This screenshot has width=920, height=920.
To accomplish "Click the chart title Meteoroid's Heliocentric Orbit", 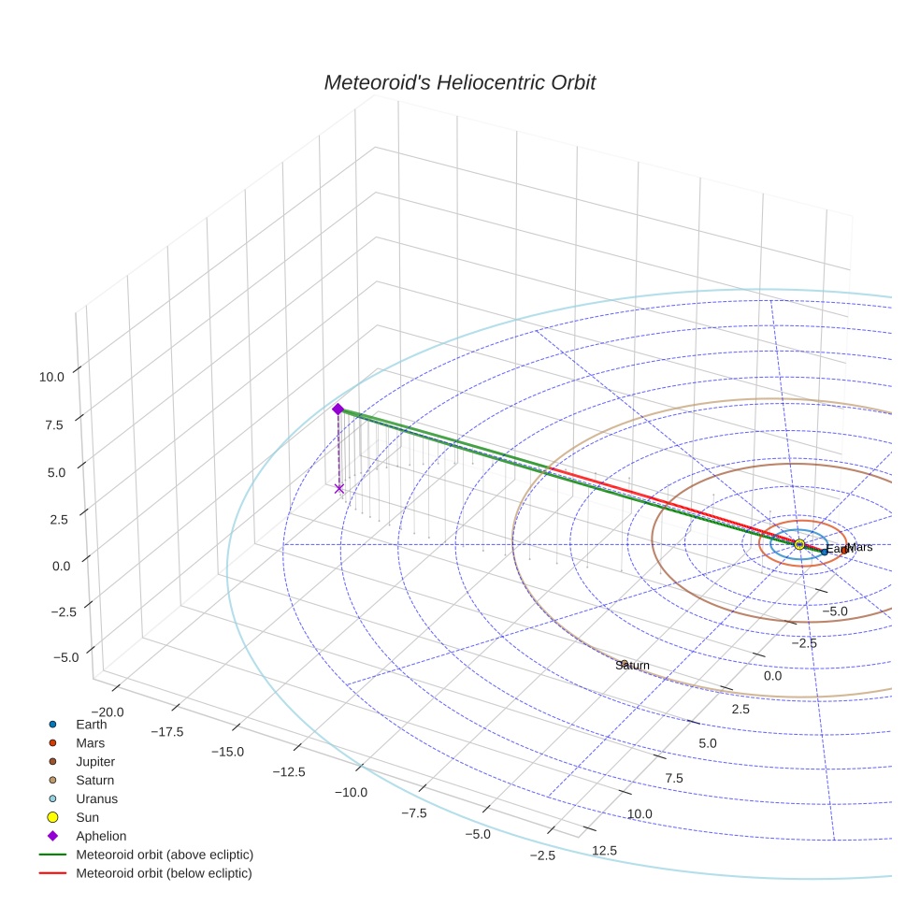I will click(459, 82).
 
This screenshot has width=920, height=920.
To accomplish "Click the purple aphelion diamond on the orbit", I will click(338, 409).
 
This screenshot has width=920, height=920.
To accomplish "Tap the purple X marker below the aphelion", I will click(338, 488).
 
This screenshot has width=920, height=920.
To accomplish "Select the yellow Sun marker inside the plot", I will click(799, 544).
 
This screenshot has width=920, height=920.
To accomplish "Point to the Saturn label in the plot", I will click(632, 665).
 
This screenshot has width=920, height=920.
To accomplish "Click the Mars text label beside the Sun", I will click(859, 547).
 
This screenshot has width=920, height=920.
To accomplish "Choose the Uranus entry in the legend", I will click(96, 798).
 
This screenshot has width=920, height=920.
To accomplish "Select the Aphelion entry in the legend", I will click(100, 836).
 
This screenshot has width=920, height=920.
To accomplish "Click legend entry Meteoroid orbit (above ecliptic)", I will click(164, 855).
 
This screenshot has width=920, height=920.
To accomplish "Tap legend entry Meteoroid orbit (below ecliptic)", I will click(164, 873).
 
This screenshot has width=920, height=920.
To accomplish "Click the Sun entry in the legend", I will click(89, 817).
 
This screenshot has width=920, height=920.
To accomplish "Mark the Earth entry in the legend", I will click(91, 724).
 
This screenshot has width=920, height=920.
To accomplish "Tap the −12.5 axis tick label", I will click(288, 771).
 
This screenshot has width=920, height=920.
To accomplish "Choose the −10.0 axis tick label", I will click(352, 792).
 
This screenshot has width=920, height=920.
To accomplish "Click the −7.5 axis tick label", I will click(414, 812).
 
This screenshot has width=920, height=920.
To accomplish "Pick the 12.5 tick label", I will click(604, 850).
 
